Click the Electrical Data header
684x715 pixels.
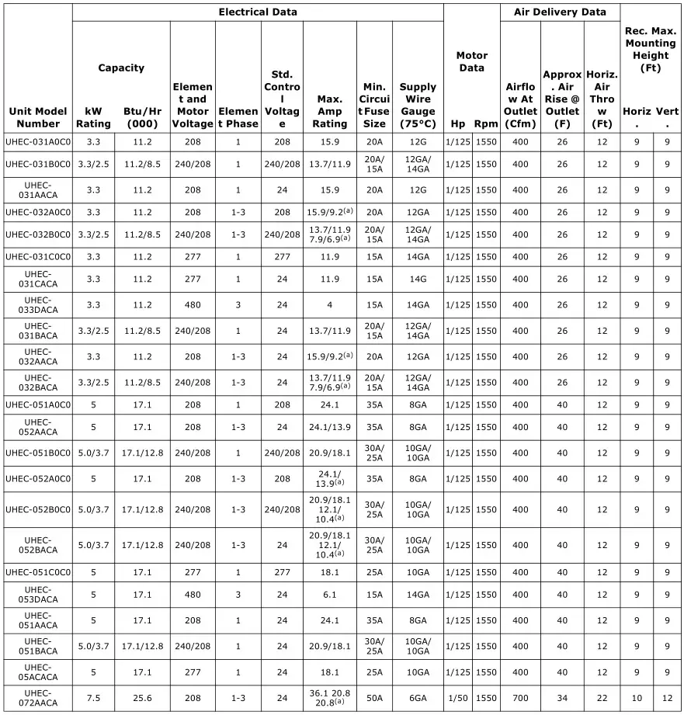[258, 12]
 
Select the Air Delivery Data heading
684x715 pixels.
[560, 12]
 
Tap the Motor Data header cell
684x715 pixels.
[471, 61]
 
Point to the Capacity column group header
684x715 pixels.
[121, 68]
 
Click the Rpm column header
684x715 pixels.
[486, 123]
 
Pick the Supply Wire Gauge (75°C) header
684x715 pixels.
[418, 105]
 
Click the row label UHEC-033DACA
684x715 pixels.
[38, 305]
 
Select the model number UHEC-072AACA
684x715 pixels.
[38, 698]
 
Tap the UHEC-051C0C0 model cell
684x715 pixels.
[38, 572]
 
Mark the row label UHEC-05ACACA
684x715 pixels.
[38, 672]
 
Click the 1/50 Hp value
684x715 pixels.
[458, 698]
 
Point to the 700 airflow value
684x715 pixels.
[520, 698]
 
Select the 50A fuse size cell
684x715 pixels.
[374, 698]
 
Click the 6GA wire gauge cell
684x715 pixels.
[418, 698]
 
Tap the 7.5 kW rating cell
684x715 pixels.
[93, 698]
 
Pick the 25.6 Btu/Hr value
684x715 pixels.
[142, 698]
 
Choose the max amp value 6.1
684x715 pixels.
[330, 595]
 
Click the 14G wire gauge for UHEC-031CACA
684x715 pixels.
[418, 279]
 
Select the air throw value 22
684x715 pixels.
[602, 698]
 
